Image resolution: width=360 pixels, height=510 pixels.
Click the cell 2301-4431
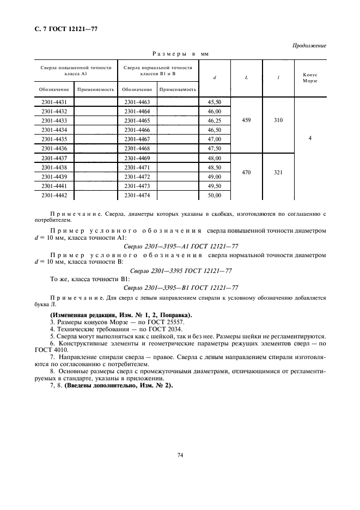[54, 102]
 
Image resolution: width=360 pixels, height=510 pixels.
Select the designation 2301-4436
[54, 148]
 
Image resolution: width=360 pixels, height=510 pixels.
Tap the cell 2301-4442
[54, 195]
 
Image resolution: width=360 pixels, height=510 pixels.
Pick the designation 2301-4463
[137, 102]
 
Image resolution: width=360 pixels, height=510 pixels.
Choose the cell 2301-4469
[137, 158]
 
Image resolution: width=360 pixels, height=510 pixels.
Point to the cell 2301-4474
[137, 195]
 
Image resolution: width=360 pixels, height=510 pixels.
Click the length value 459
[246, 120]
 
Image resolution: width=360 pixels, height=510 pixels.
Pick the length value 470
[246, 172]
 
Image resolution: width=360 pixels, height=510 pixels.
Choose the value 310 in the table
[278, 120]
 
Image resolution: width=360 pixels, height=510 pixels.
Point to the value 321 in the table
[278, 172]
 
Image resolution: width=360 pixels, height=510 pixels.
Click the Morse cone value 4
[310, 139]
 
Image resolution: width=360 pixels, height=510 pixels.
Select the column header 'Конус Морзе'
[310, 77]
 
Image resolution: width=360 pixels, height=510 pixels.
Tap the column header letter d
[215, 77]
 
